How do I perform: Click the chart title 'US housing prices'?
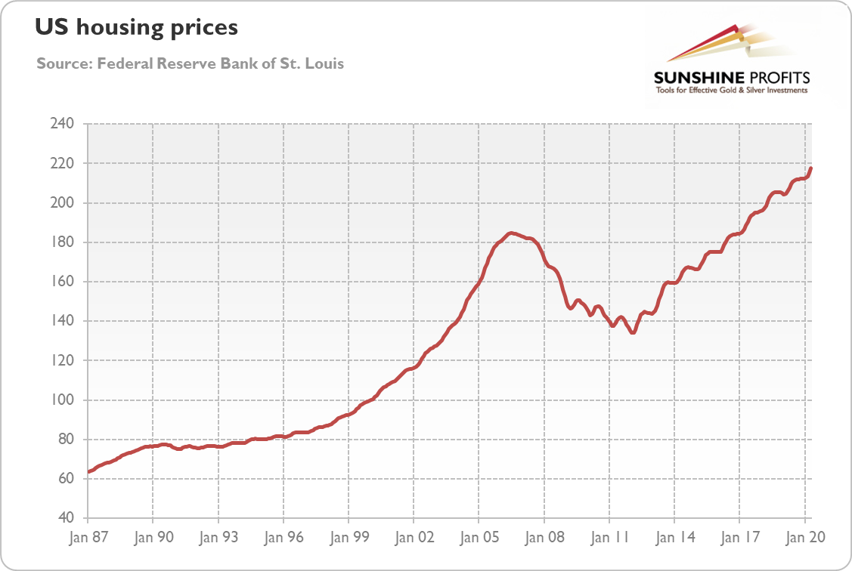[x=136, y=29]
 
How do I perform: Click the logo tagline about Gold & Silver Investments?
[x=731, y=91]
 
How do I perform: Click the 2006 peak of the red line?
[x=510, y=233]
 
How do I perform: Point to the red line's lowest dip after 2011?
[x=632, y=332]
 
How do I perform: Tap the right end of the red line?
[x=810, y=168]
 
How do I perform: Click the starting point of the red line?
[x=89, y=471]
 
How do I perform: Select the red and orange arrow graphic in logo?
[x=718, y=44]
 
